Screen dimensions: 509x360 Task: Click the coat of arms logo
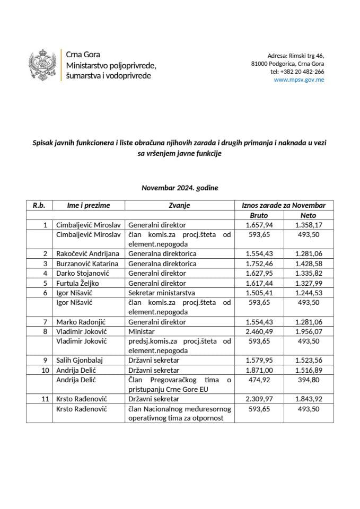pos(43,66)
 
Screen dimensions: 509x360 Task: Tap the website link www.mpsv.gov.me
pos(299,80)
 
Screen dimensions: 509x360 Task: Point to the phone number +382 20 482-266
pos(297,72)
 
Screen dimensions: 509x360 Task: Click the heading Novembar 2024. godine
pos(180,188)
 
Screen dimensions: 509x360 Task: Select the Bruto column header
pos(259,216)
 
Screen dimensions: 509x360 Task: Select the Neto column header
pos(308,216)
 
